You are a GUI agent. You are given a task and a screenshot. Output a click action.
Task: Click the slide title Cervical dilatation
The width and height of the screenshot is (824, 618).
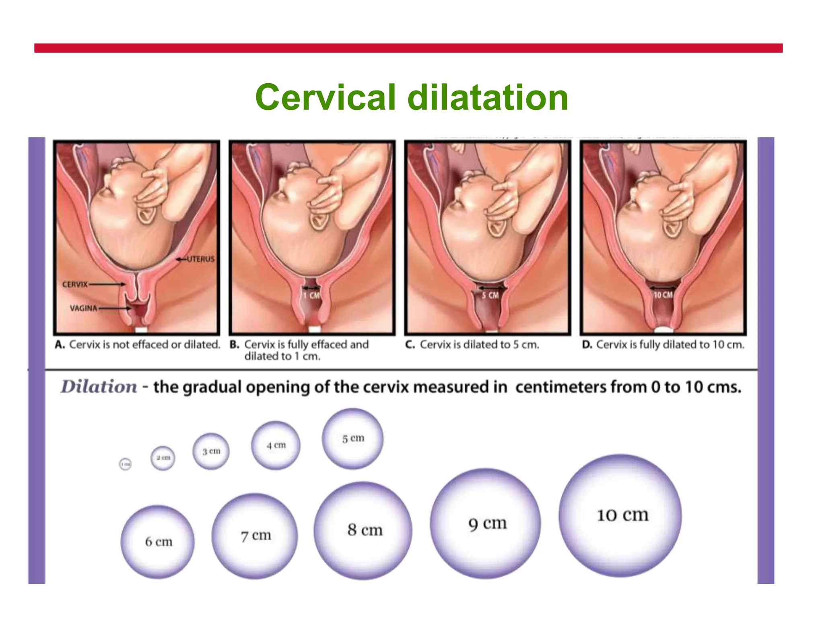tap(412, 97)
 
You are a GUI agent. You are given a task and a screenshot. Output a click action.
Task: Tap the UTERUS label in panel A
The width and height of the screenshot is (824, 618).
tap(200, 259)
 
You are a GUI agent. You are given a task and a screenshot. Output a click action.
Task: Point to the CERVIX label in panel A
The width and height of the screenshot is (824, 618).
tap(75, 284)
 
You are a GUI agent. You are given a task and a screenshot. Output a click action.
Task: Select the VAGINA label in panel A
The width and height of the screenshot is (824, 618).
tap(83, 308)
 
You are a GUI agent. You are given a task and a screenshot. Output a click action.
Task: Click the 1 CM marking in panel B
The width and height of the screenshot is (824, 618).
tap(311, 296)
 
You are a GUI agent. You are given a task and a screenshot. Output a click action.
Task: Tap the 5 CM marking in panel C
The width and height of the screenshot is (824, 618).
tap(490, 295)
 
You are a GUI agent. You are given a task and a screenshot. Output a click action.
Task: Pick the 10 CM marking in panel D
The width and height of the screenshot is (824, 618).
tap(663, 295)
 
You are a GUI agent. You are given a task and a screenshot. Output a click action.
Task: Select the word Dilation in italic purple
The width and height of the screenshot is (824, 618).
tap(99, 387)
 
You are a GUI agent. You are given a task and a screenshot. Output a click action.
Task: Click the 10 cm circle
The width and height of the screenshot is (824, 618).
tap(620, 515)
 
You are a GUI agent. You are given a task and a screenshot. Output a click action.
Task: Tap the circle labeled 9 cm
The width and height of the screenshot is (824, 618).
tap(486, 523)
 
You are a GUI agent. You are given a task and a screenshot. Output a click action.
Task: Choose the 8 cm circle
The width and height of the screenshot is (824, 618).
tap(363, 530)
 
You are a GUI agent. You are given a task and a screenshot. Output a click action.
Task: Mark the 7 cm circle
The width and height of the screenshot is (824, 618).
tap(255, 536)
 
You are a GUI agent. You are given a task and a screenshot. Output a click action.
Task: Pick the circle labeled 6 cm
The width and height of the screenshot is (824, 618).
tap(158, 542)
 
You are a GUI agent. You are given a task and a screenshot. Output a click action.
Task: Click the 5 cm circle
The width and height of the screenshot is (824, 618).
tap(352, 439)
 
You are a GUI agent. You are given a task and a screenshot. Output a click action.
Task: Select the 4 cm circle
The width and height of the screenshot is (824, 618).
tap(276, 445)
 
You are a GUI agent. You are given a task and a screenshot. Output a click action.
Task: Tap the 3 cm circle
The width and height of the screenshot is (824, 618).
tap(211, 451)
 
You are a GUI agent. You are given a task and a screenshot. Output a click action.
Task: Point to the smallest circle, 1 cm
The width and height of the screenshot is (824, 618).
tap(126, 464)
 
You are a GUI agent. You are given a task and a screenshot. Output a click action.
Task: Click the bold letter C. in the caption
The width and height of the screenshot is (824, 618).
tap(410, 345)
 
